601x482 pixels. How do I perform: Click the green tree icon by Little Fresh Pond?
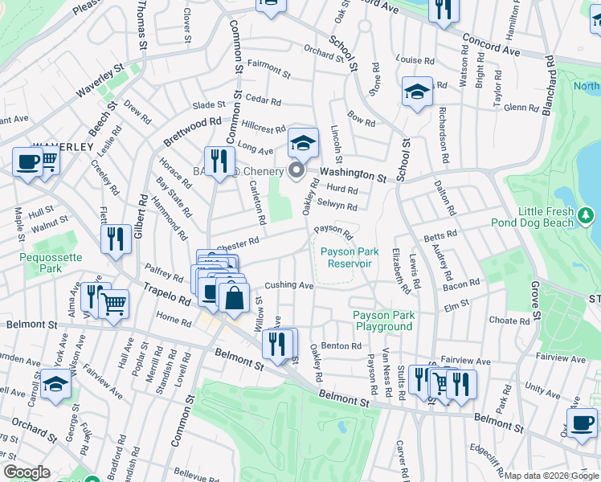point(587,214)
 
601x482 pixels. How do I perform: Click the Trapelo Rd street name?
point(167,292)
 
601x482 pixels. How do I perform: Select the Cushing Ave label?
point(288,285)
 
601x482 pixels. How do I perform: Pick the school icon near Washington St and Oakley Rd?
point(303,144)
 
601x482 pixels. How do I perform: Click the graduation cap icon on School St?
point(417,92)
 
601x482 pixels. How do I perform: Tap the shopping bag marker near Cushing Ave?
point(233,298)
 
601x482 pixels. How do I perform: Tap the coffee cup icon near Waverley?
point(27,163)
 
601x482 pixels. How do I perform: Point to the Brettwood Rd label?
point(192,131)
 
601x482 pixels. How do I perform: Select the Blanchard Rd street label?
point(550,86)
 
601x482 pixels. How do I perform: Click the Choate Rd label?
point(509,321)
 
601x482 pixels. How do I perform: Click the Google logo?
point(27,472)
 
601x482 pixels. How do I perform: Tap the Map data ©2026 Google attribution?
point(551,476)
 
